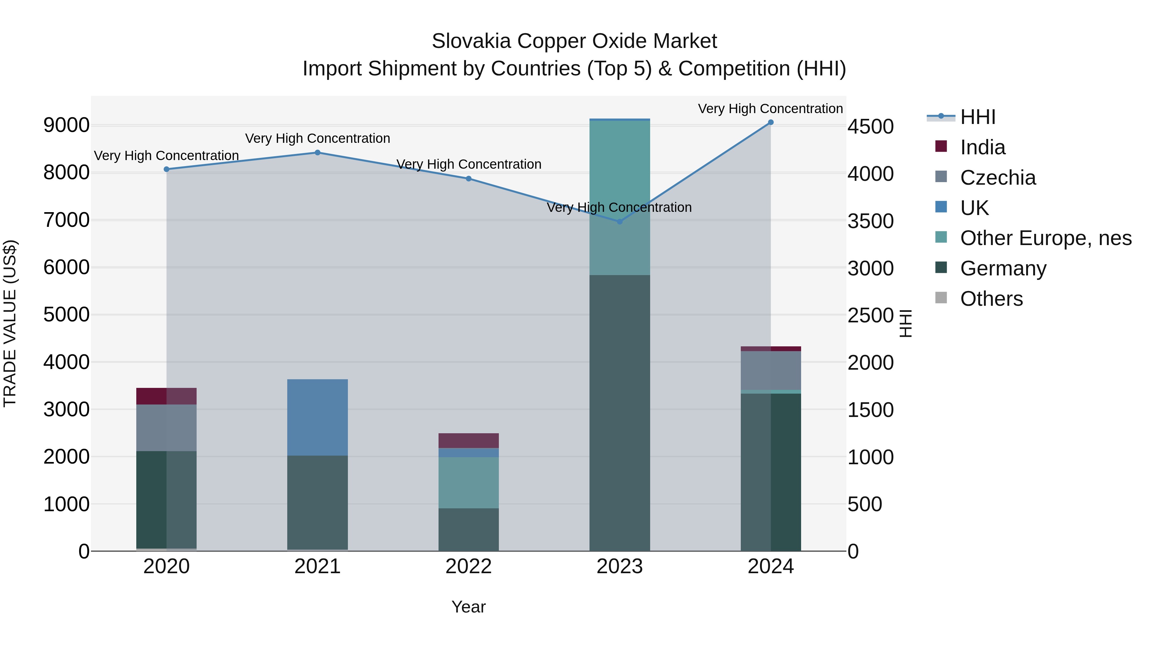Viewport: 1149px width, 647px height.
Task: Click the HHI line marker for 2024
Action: point(770,122)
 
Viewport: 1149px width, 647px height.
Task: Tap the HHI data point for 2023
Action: point(620,221)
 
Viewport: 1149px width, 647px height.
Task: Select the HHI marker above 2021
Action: point(318,153)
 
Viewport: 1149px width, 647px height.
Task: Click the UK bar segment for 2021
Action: point(318,418)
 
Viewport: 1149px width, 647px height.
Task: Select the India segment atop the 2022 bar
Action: point(468,441)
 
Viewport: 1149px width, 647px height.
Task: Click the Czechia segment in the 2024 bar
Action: point(770,371)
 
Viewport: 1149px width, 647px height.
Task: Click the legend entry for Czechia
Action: point(998,178)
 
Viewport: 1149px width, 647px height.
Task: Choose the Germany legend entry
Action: point(1003,269)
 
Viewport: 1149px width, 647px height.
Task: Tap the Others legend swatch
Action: point(941,298)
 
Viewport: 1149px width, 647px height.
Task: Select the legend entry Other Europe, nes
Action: point(1046,238)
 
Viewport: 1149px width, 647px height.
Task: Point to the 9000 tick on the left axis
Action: point(66,126)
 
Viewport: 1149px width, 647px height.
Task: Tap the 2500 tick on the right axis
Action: point(871,316)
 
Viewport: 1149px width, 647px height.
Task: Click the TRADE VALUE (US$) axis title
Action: point(10,323)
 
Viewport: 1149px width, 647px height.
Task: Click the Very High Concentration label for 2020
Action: point(166,156)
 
